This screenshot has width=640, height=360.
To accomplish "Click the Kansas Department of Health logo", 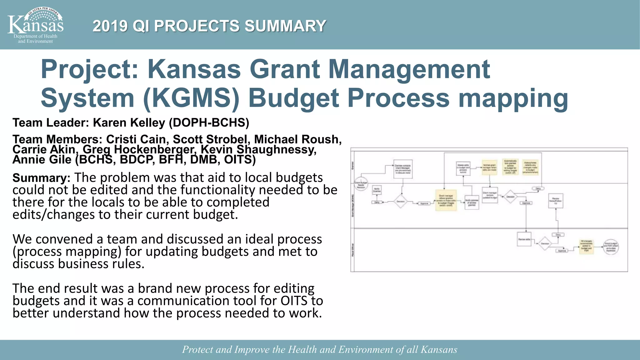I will (35, 25).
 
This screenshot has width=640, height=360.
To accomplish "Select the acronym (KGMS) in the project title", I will (191, 98).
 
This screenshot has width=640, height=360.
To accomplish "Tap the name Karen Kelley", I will (129, 123).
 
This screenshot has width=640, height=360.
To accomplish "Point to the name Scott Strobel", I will (210, 139).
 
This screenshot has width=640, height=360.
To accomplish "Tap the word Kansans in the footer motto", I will (439, 349).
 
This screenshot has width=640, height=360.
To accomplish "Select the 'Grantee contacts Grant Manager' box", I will (403, 169).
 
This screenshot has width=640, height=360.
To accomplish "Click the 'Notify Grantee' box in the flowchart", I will (377, 190).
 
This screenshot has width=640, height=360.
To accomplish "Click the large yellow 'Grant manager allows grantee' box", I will (446, 200).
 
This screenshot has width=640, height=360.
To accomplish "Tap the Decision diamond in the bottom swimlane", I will (545, 243).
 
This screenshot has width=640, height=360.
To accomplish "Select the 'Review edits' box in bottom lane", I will (524, 239).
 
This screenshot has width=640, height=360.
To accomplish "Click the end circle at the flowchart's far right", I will (611, 247).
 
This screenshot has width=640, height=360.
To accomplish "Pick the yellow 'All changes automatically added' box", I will (586, 247).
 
